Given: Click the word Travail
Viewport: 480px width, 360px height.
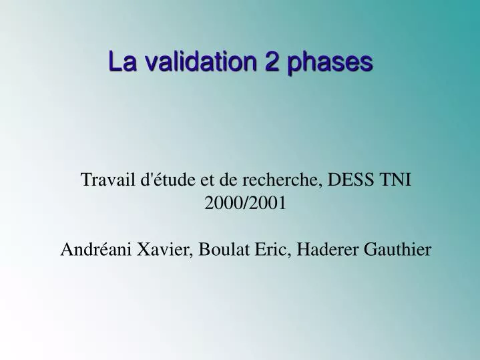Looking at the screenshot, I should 104,180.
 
